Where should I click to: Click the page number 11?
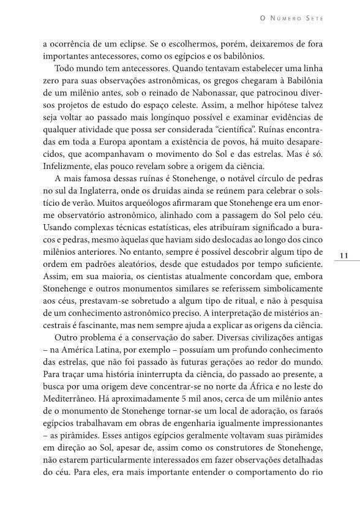click(343, 255)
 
